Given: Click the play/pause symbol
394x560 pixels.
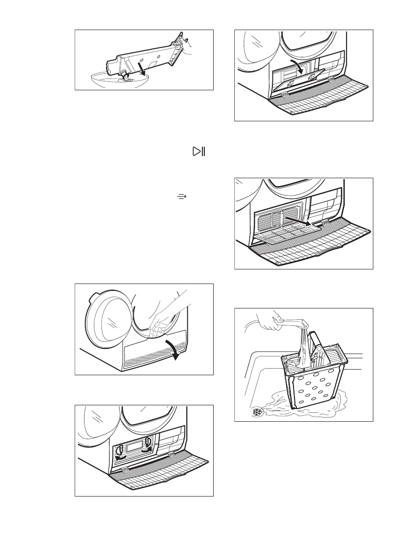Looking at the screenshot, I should [198, 151].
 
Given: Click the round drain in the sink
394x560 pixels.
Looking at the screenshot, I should [257, 412].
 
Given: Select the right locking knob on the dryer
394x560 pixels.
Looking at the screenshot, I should [148, 442].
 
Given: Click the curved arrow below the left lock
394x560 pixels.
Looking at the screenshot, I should [120, 456].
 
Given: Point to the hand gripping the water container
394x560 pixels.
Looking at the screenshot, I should [191, 47].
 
